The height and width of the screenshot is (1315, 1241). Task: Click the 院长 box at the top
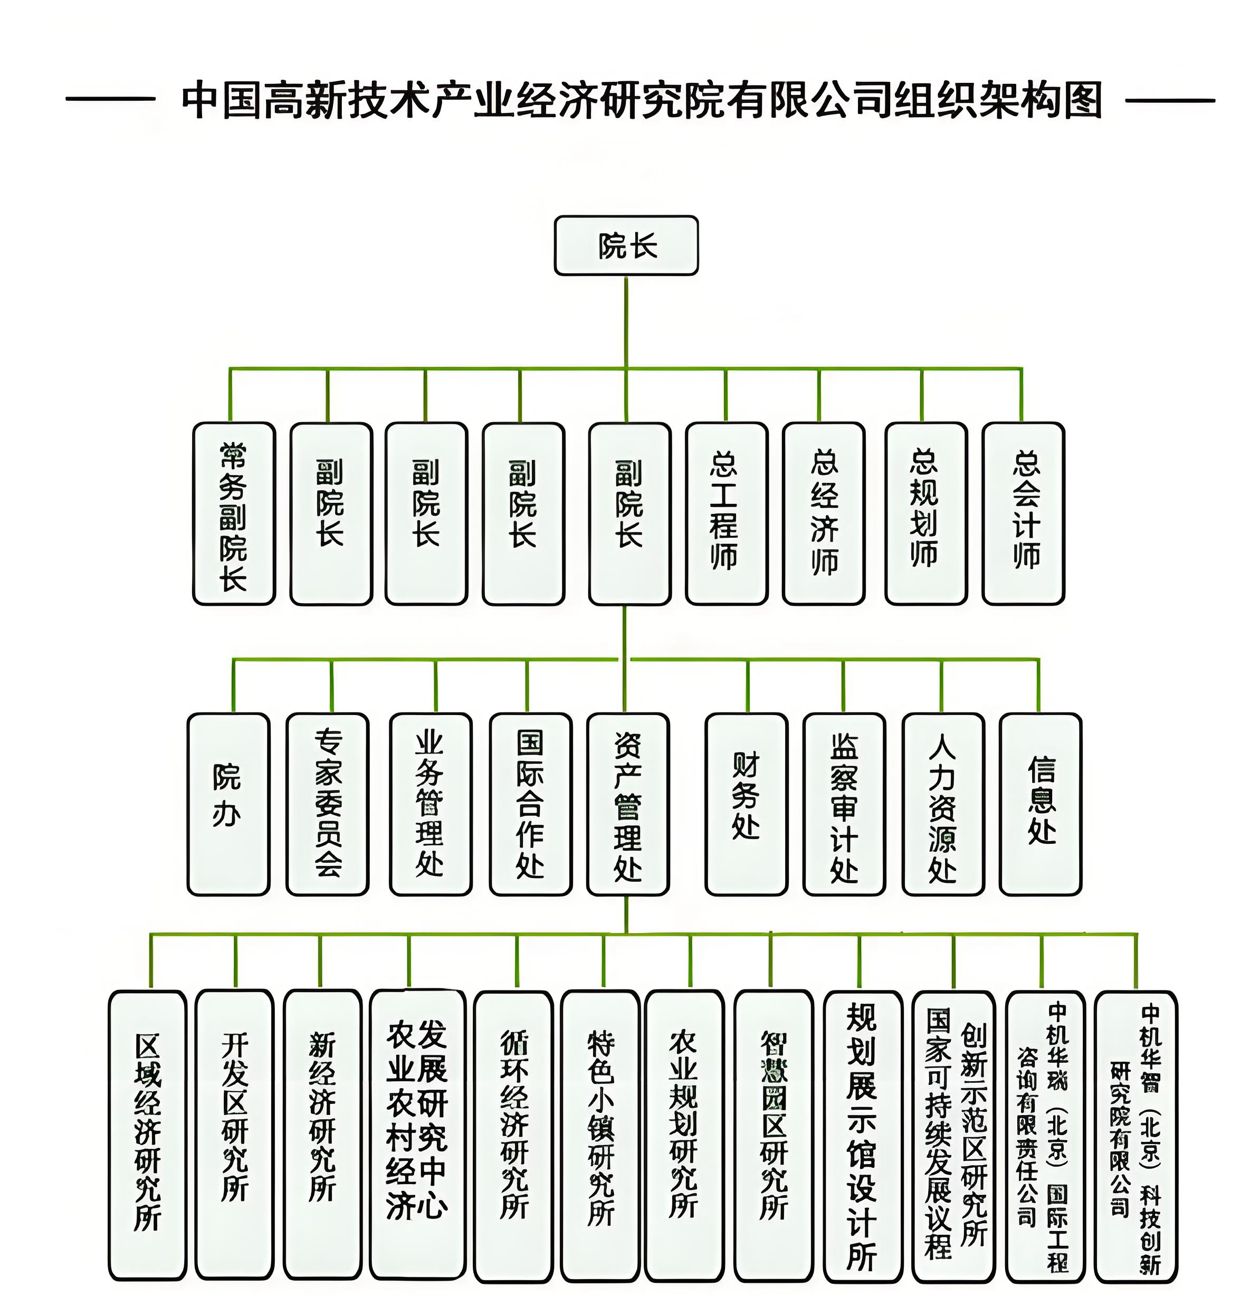pos(626,245)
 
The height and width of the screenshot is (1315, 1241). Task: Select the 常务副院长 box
pos(234,513)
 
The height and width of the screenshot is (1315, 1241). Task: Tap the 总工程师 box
pos(727,513)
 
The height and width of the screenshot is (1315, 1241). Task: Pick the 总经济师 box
pos(824,513)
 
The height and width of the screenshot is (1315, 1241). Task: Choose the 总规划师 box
pos(925,513)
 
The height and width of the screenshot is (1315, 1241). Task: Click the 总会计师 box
pos(1024,513)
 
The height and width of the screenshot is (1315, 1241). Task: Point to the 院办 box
pos(228,804)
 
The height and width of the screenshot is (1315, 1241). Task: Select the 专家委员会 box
pos(328,804)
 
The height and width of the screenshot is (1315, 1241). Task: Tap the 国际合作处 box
pos(530,804)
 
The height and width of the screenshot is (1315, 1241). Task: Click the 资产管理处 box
pos(628,804)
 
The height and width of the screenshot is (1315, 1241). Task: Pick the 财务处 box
pos(746,804)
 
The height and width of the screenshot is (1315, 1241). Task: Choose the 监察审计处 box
pos(844,804)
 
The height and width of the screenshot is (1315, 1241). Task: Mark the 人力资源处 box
pos(943,804)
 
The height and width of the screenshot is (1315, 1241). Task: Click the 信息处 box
pos(1040,804)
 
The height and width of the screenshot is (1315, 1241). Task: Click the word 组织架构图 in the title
pos(998,101)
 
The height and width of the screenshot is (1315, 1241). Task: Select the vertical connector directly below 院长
pos(626,321)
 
